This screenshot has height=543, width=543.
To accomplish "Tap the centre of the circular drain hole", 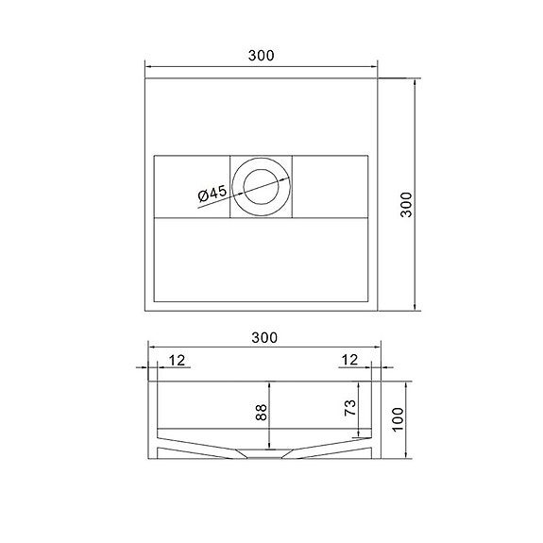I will point(261,185).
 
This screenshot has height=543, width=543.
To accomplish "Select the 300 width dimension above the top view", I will point(262,55).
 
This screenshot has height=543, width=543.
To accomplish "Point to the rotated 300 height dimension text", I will point(406,205).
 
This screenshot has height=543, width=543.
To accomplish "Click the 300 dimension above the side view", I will point(264,337).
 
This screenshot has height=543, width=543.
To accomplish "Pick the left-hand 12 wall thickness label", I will point(178,359).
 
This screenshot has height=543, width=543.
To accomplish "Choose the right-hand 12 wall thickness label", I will point(348,359).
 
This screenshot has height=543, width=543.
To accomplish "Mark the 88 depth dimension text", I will point(262,412).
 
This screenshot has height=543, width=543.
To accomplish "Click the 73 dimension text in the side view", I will point(349,408).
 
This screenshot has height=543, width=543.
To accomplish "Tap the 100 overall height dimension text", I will point(399,416).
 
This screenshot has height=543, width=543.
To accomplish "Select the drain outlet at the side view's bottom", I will point(261,455).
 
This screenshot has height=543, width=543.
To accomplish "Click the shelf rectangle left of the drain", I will point(191,185).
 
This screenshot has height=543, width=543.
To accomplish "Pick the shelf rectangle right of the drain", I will point(331,185).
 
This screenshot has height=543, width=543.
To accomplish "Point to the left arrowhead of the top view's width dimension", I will point(147,66).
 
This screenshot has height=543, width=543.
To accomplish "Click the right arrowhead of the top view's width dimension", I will point(374,66).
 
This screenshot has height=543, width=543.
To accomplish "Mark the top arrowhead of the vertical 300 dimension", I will point(417,83).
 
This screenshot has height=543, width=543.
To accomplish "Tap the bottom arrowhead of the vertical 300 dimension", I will point(417,307).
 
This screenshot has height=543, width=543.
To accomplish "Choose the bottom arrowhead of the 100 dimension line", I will point(410,460).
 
